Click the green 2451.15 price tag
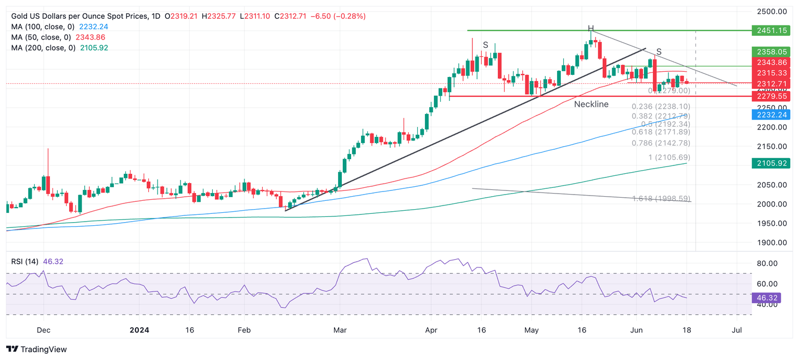click(771, 31)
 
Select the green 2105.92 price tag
click(771, 164)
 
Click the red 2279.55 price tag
click(771, 96)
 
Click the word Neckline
click(591, 105)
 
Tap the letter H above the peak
click(590, 28)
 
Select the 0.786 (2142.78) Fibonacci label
click(661, 143)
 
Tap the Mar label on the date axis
click(340, 330)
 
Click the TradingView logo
click(36, 350)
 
